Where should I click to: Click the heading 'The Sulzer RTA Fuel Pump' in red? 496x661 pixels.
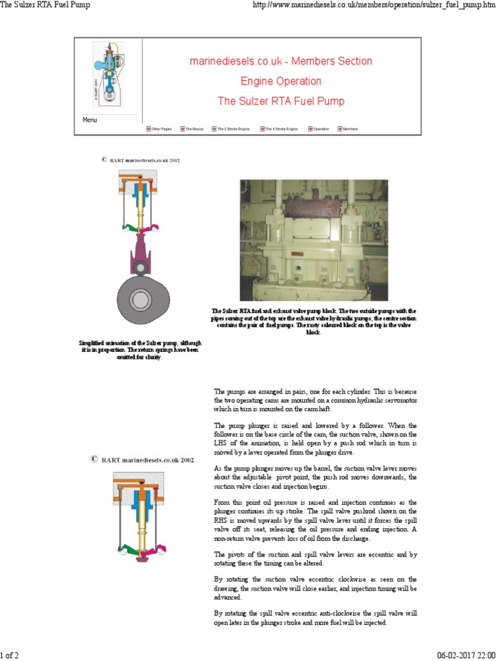click(x=280, y=101)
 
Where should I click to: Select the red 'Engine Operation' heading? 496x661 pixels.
click(x=280, y=81)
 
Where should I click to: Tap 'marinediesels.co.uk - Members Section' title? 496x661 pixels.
click(x=280, y=61)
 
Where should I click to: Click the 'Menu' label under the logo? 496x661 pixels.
click(x=90, y=120)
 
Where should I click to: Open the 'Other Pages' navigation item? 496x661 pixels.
click(x=161, y=129)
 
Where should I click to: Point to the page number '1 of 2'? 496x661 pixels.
click(x=10, y=655)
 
